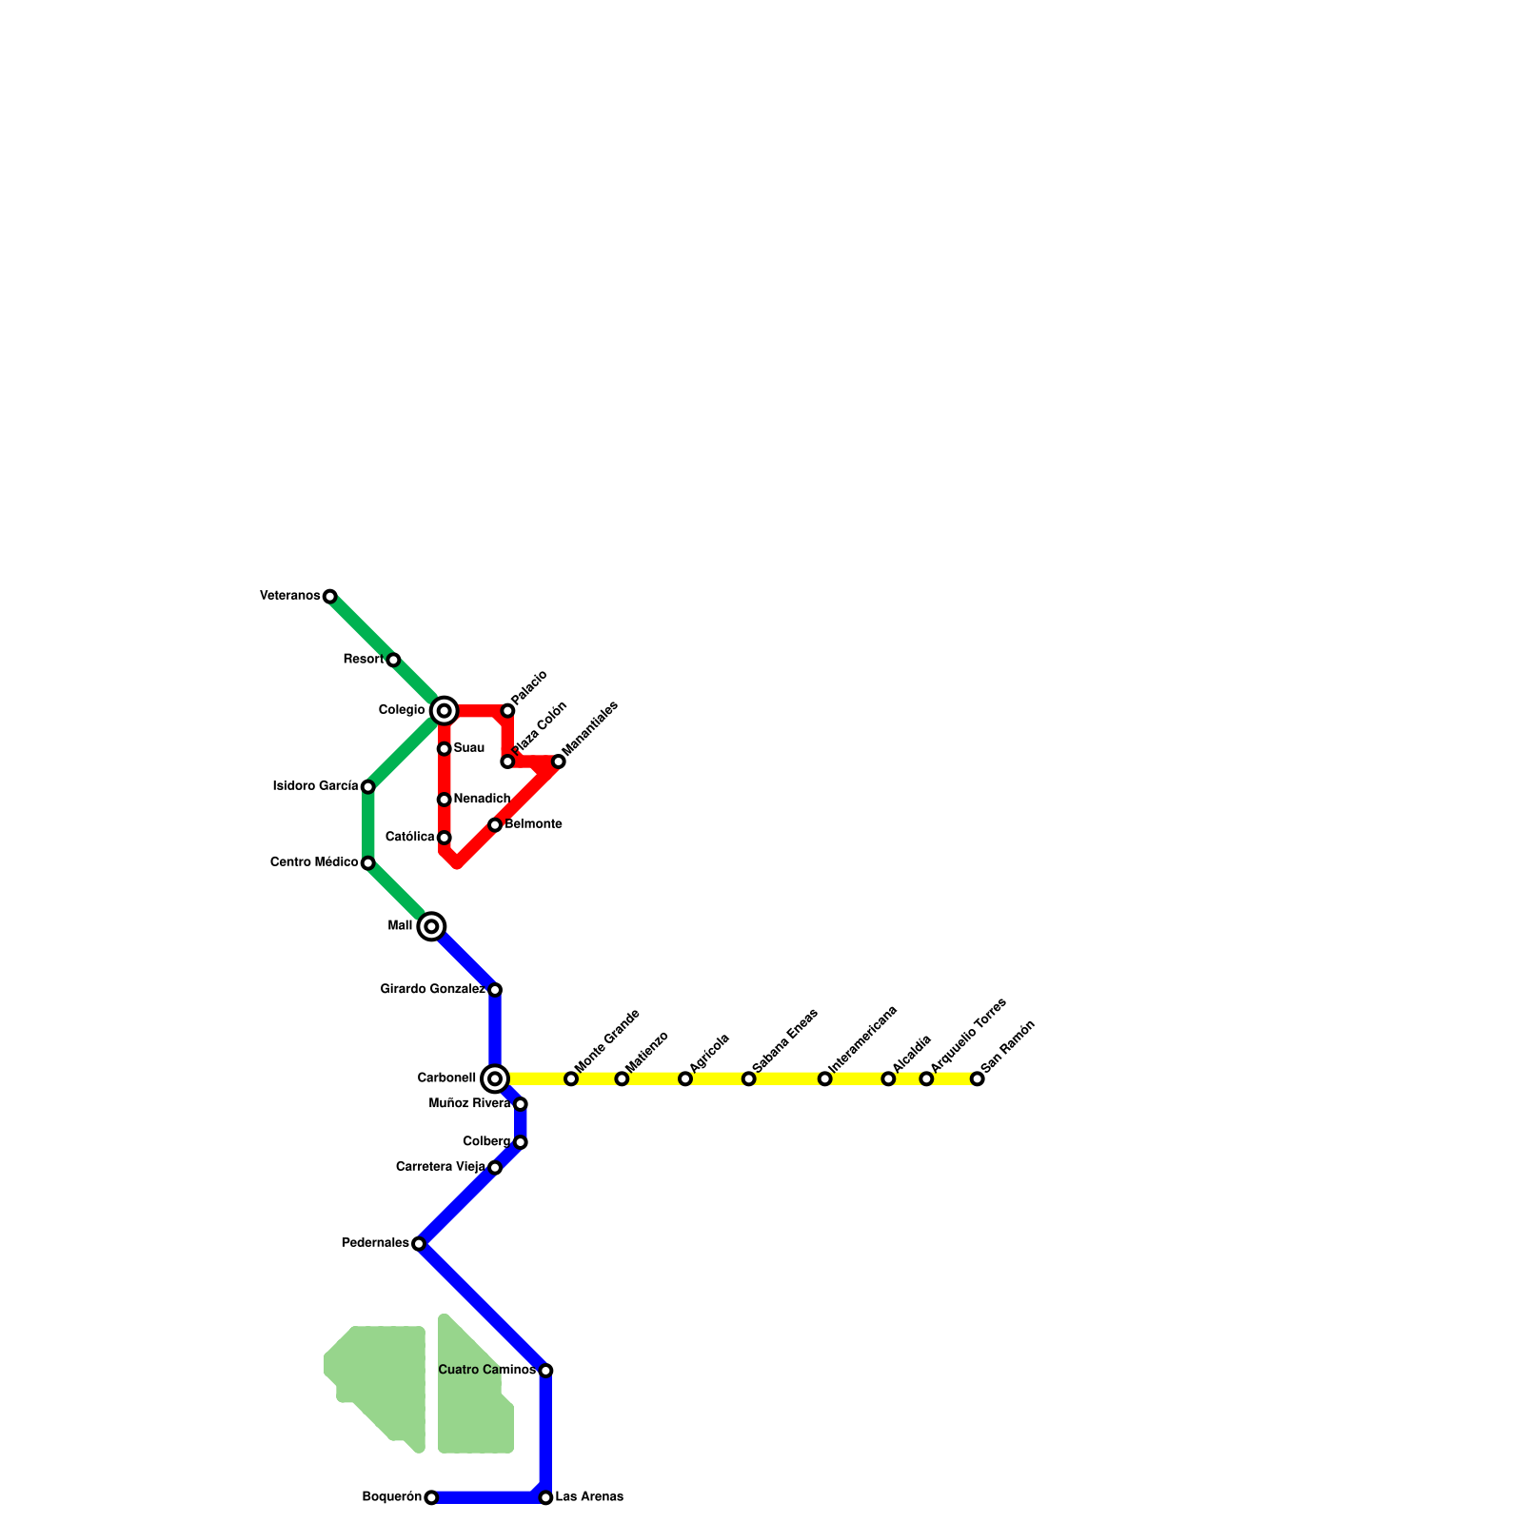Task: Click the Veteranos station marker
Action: coord(329,597)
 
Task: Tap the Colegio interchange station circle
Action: coord(444,711)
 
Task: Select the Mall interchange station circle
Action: coord(431,926)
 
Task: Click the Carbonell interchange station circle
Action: coord(495,1078)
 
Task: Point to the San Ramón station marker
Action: coord(977,1078)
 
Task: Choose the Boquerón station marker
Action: coord(431,1497)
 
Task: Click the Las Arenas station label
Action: coord(589,1497)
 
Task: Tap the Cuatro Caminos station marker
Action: coord(545,1371)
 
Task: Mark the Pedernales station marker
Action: coord(419,1243)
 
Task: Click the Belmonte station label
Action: coord(533,824)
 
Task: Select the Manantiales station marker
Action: coord(559,761)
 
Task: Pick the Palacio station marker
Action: coord(507,711)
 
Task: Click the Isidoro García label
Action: coord(315,786)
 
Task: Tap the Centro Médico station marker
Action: coord(367,863)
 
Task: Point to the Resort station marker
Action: coord(393,660)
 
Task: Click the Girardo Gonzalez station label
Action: coord(433,990)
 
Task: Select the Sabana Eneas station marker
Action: coord(748,1078)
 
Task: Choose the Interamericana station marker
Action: coord(824,1078)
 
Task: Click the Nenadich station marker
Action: coord(444,800)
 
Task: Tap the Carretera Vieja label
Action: coord(441,1167)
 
